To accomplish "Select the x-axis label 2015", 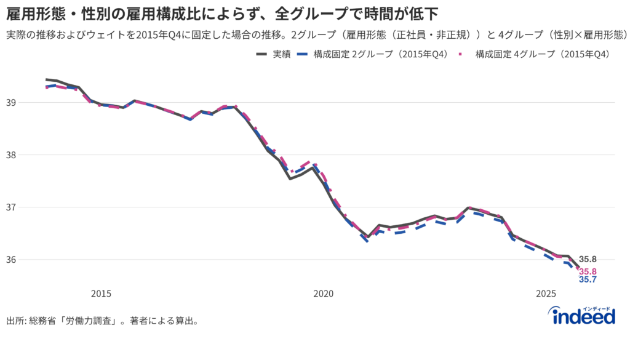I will coord(101,294).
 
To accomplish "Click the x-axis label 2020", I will coord(324,294).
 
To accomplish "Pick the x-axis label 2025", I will coord(546,294).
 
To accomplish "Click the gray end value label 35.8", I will coord(588,259).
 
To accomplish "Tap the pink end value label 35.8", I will coord(588,271).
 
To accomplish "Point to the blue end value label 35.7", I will coord(588,280).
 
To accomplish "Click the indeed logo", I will coord(583,316).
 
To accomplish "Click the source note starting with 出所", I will coord(102,321).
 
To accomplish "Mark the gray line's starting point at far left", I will coord(46,79).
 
